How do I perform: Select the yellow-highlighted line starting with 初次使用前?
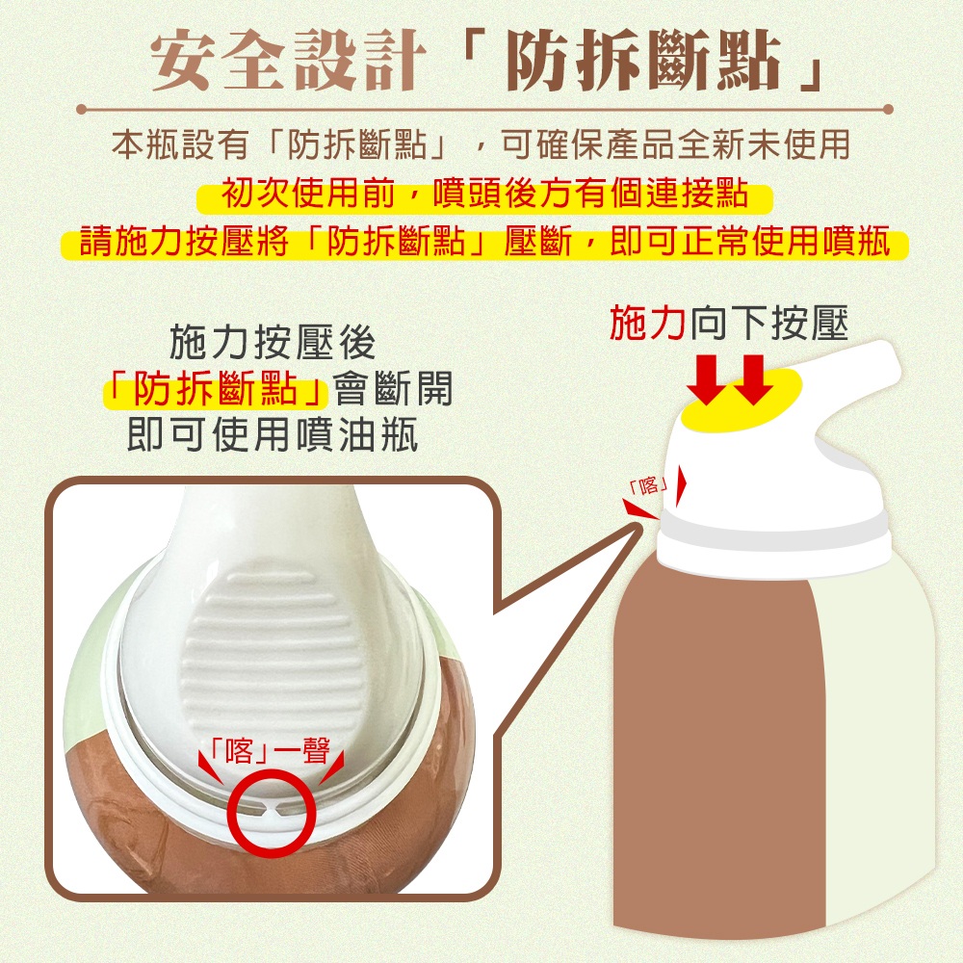pos(485,195)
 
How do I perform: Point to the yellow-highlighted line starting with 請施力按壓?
pos(484,241)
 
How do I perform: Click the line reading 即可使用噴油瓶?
pos(272,436)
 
